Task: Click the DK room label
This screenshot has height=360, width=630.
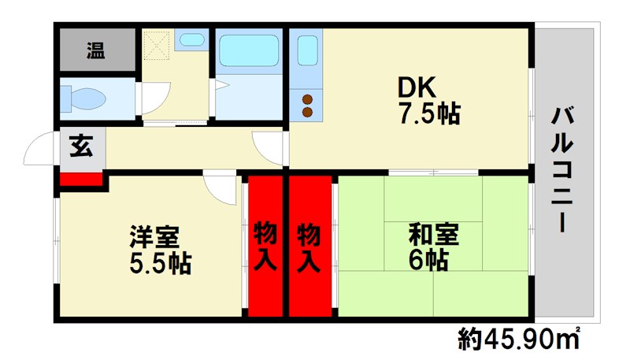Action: click(x=417, y=87)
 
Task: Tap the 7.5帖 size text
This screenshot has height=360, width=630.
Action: click(x=429, y=113)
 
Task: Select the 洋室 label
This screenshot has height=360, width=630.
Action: click(x=154, y=236)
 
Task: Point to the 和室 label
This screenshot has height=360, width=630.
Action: click(x=434, y=234)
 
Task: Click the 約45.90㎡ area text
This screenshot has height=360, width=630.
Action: click(x=519, y=339)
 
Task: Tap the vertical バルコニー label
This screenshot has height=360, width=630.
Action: click(x=562, y=169)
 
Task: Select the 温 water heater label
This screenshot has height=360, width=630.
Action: click(x=96, y=50)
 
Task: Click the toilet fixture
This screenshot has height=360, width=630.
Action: click(x=83, y=98)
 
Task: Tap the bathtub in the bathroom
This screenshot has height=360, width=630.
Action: click(x=249, y=50)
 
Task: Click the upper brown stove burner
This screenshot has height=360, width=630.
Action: click(x=307, y=99)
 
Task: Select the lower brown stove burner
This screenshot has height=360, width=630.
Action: click(x=307, y=112)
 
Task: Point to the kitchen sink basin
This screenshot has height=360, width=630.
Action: click(x=308, y=50)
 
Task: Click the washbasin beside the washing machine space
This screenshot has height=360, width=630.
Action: click(x=192, y=39)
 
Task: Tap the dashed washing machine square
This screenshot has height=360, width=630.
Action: click(x=156, y=46)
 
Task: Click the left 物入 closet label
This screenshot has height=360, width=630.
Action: click(x=265, y=247)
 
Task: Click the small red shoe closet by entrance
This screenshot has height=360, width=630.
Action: click(x=81, y=179)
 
